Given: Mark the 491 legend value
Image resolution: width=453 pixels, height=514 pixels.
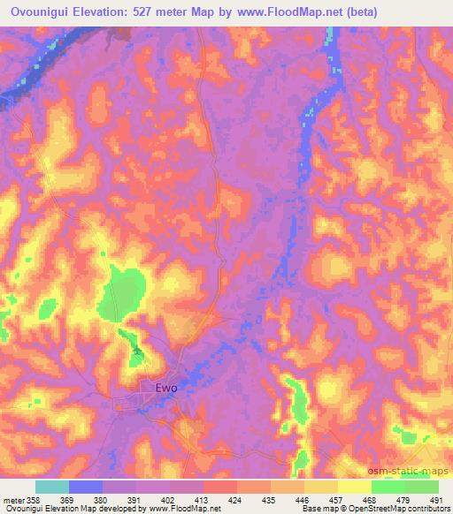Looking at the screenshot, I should pyautogui.click(x=438, y=499).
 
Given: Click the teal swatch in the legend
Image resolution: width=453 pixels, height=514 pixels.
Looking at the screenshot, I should pyautogui.click(x=52, y=487).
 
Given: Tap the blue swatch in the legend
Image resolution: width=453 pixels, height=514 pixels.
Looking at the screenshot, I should pyautogui.click(x=86, y=487).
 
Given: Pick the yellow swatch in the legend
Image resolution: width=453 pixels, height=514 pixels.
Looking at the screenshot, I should pyautogui.click(x=354, y=487).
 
